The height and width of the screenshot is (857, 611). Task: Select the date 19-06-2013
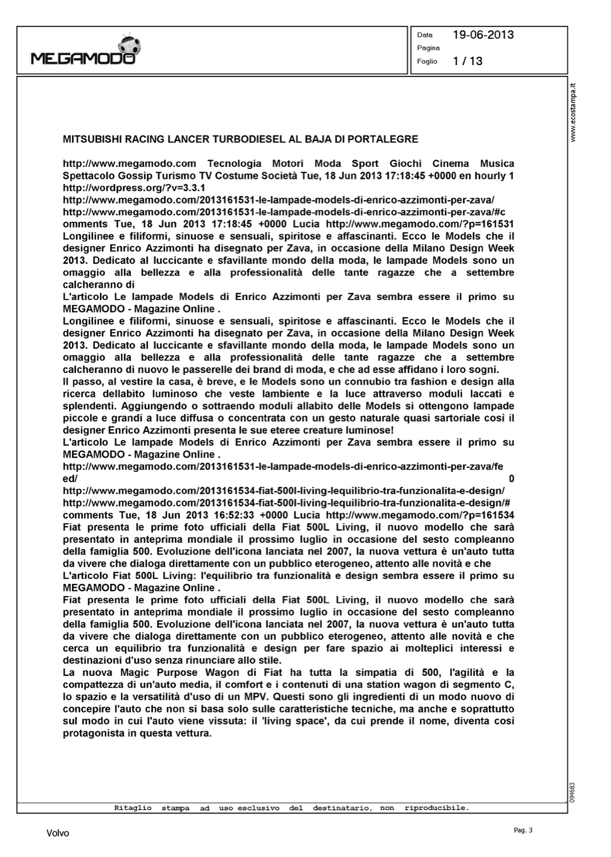coord(483,35)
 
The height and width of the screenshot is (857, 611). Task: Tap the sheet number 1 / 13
coord(468,61)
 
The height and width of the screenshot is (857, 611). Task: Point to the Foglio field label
coord(427,61)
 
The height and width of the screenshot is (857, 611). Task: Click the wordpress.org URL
coord(134,188)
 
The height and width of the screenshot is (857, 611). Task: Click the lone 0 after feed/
coord(511,479)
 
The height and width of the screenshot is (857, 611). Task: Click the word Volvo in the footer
coord(58,834)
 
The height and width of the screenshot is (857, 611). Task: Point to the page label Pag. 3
coord(523,830)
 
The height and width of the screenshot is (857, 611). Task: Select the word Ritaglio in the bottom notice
coord(133,808)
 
